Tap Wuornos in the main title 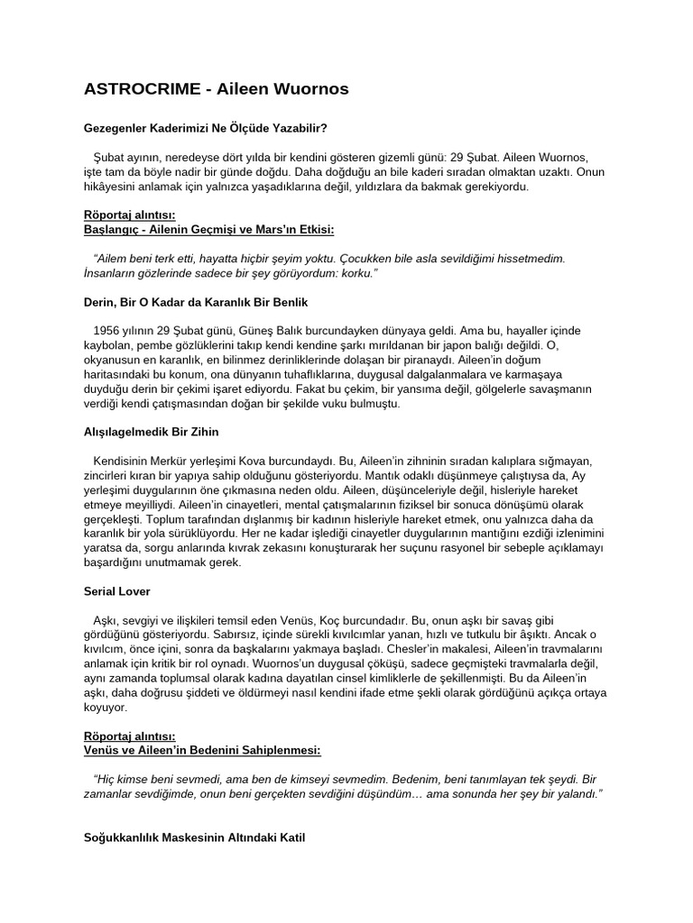point(306,89)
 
